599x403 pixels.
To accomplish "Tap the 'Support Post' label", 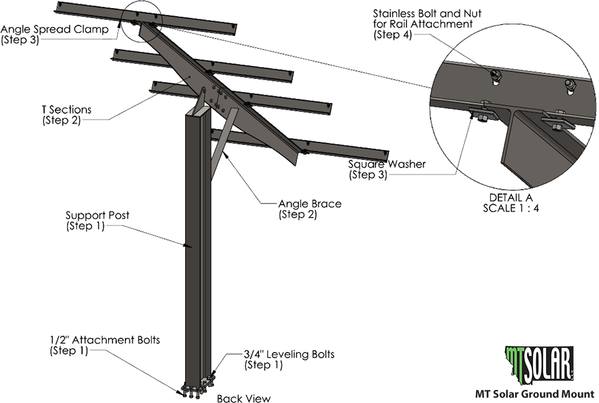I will coord(98,215).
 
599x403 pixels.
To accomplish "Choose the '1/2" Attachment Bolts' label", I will coord(104,340).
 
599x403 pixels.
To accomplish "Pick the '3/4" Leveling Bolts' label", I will coord(289,354).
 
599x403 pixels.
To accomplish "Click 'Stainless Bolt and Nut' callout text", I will coord(427,13).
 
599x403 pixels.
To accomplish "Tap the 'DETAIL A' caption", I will coord(511,197).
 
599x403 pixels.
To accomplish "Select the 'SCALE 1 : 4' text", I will coord(511,208).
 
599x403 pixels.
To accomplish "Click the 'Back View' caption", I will coord(244,398).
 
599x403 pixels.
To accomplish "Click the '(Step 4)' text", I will coord(393,35).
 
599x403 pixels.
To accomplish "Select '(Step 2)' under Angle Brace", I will coord(298,215).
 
